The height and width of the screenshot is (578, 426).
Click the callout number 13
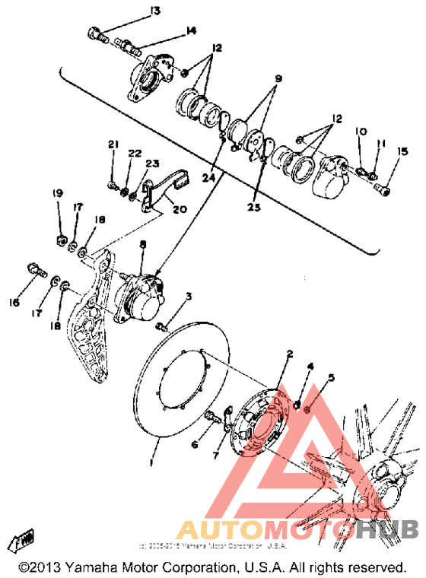point(155,10)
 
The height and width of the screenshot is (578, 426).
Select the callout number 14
point(189,30)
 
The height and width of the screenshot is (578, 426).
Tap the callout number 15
point(402,151)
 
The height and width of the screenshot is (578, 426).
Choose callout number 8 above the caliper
point(141,244)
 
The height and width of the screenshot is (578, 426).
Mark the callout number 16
point(14,303)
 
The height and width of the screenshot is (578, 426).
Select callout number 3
point(189,296)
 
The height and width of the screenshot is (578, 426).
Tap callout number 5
point(331,377)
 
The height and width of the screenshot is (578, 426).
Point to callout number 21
point(113,144)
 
